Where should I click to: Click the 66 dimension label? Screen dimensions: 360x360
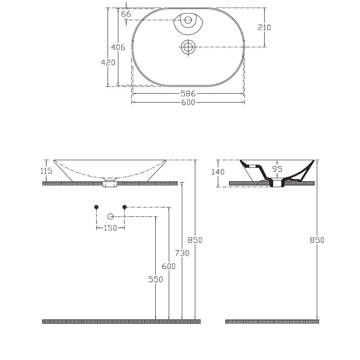point(126,14)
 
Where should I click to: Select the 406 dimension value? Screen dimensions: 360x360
point(118,47)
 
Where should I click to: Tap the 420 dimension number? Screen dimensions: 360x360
point(108,63)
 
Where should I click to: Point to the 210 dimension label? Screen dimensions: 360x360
point(264,27)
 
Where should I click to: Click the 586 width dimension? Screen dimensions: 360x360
point(188,94)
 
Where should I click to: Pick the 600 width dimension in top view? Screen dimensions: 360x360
point(188,102)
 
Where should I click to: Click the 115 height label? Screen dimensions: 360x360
point(46,171)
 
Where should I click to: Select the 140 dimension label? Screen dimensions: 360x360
point(218,172)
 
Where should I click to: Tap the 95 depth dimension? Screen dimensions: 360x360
point(277,169)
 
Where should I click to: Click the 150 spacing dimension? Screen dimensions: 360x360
point(110,228)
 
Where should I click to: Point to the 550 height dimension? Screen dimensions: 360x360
point(156,279)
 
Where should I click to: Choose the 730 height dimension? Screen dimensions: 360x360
point(182,253)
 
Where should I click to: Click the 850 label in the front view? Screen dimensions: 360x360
point(195,240)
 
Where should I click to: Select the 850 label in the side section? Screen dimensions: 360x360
point(317,240)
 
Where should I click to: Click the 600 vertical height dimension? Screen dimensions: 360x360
point(169,266)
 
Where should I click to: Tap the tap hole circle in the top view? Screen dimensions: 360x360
point(188,20)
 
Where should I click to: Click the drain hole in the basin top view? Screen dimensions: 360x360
point(188,47)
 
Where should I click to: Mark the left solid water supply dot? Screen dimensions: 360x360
point(96,207)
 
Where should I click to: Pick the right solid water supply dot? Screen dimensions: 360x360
point(125,207)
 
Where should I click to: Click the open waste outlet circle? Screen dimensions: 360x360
point(110,216)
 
